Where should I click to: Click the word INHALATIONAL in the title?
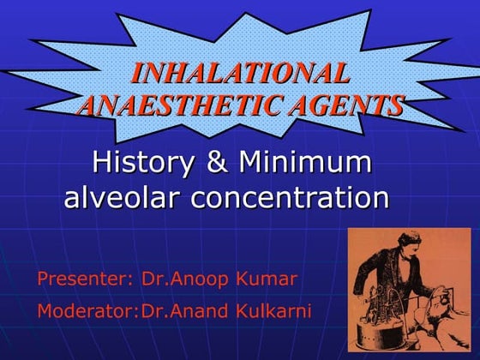point(240,72)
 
